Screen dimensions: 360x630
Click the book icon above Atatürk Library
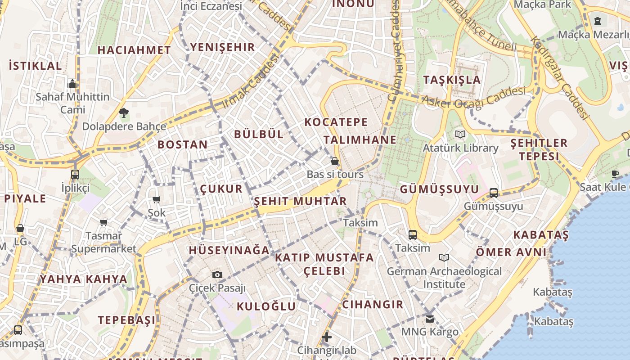(x=460, y=134)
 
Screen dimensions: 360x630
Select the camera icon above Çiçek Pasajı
(x=217, y=274)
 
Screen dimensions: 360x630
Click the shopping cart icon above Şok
(x=156, y=199)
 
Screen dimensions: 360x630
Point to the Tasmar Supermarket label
(x=103, y=242)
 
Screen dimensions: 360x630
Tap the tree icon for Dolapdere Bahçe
(x=124, y=112)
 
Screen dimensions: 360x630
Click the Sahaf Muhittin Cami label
(x=72, y=103)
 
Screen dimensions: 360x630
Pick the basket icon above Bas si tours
(x=335, y=161)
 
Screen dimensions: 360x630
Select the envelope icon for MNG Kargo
(x=430, y=319)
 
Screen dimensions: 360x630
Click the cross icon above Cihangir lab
(x=327, y=337)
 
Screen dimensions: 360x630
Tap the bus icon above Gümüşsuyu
(x=494, y=193)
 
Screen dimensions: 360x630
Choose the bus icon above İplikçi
(x=75, y=174)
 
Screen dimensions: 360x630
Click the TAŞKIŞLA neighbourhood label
(x=452, y=80)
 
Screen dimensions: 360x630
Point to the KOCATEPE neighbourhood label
(x=336, y=122)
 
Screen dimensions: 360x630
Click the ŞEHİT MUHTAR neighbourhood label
(x=300, y=201)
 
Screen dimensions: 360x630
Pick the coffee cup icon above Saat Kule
(x=615, y=174)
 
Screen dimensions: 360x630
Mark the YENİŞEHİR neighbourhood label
(x=222, y=47)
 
